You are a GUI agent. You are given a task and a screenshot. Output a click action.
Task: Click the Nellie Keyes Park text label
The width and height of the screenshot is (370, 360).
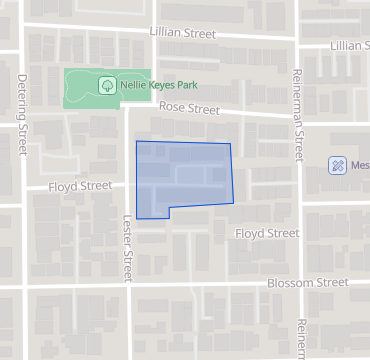[x=155, y=86]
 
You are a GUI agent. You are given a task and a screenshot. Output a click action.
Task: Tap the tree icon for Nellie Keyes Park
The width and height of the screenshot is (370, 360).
[x=107, y=86]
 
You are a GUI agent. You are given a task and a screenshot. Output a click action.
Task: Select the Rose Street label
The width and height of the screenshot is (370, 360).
[x=189, y=107]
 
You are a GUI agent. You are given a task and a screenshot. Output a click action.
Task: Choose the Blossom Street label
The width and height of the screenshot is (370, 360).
[x=308, y=283]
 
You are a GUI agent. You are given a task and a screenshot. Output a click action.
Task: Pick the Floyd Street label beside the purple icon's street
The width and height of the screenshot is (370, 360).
[x=267, y=233]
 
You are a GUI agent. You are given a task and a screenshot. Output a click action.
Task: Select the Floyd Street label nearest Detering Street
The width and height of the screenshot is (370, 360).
[x=82, y=185]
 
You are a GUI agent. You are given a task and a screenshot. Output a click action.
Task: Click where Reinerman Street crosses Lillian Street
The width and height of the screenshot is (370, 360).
[x=297, y=41]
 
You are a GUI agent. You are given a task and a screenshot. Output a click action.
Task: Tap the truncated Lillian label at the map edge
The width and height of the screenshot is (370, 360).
[x=349, y=46]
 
